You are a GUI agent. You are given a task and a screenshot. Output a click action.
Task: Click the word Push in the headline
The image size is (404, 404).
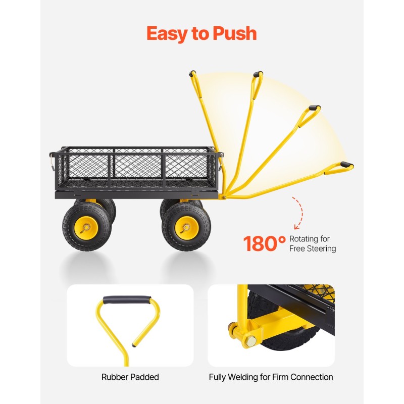[235, 33]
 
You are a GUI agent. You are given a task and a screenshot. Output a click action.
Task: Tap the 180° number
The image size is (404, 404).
[265, 244]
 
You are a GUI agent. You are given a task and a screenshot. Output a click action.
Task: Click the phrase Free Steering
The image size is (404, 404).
[313, 248]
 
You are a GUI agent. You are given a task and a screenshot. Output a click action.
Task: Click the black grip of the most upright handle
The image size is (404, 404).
[193, 74]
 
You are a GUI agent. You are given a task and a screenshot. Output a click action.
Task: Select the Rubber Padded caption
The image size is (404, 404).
[130, 377]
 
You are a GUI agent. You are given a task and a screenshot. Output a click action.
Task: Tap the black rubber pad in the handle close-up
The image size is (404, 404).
[130, 300]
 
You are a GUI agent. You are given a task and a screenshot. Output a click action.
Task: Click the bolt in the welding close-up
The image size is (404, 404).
[248, 341]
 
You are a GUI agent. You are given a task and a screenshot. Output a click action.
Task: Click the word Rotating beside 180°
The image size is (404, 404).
[305, 238]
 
